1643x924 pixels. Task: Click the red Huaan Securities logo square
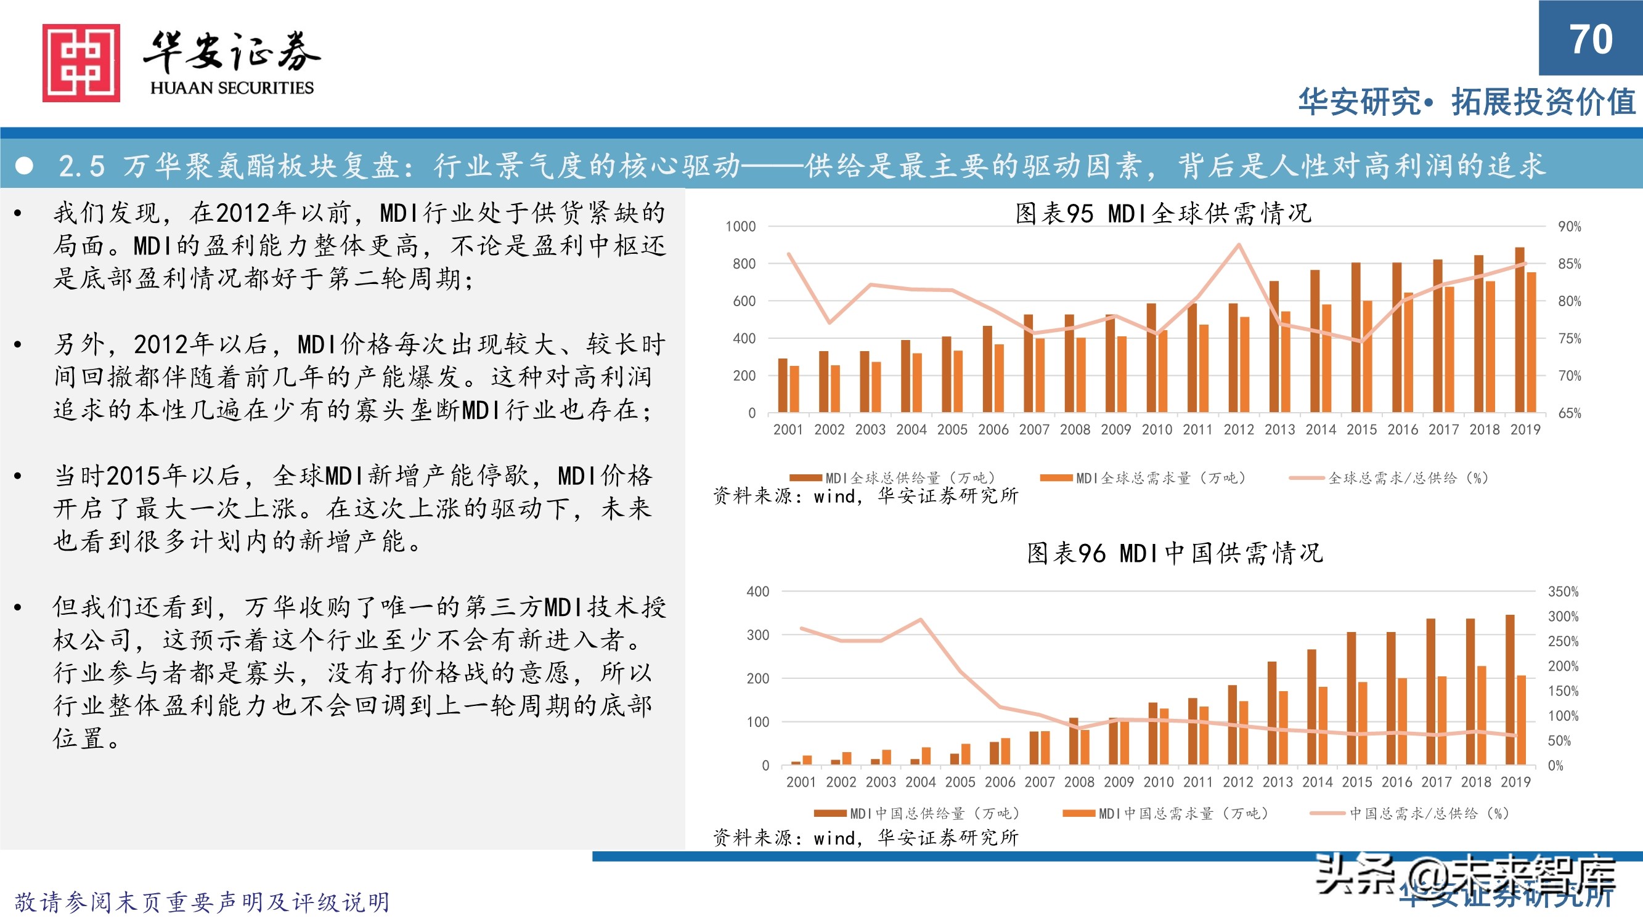81,62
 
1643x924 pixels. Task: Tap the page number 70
1590,39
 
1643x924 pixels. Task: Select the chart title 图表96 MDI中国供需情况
1174,553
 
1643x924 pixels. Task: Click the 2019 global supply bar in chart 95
1520,330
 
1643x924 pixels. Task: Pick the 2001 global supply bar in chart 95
783,385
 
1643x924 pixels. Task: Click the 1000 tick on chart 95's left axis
740,226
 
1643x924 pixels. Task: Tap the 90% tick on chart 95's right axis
1569,226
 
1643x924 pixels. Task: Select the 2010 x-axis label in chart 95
1156,430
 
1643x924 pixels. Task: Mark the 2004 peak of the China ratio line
920,619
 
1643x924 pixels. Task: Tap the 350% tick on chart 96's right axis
1563,591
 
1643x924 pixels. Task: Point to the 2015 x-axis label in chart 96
1356,782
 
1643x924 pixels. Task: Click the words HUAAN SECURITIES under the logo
232,88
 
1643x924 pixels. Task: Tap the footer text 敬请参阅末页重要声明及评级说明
202,902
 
